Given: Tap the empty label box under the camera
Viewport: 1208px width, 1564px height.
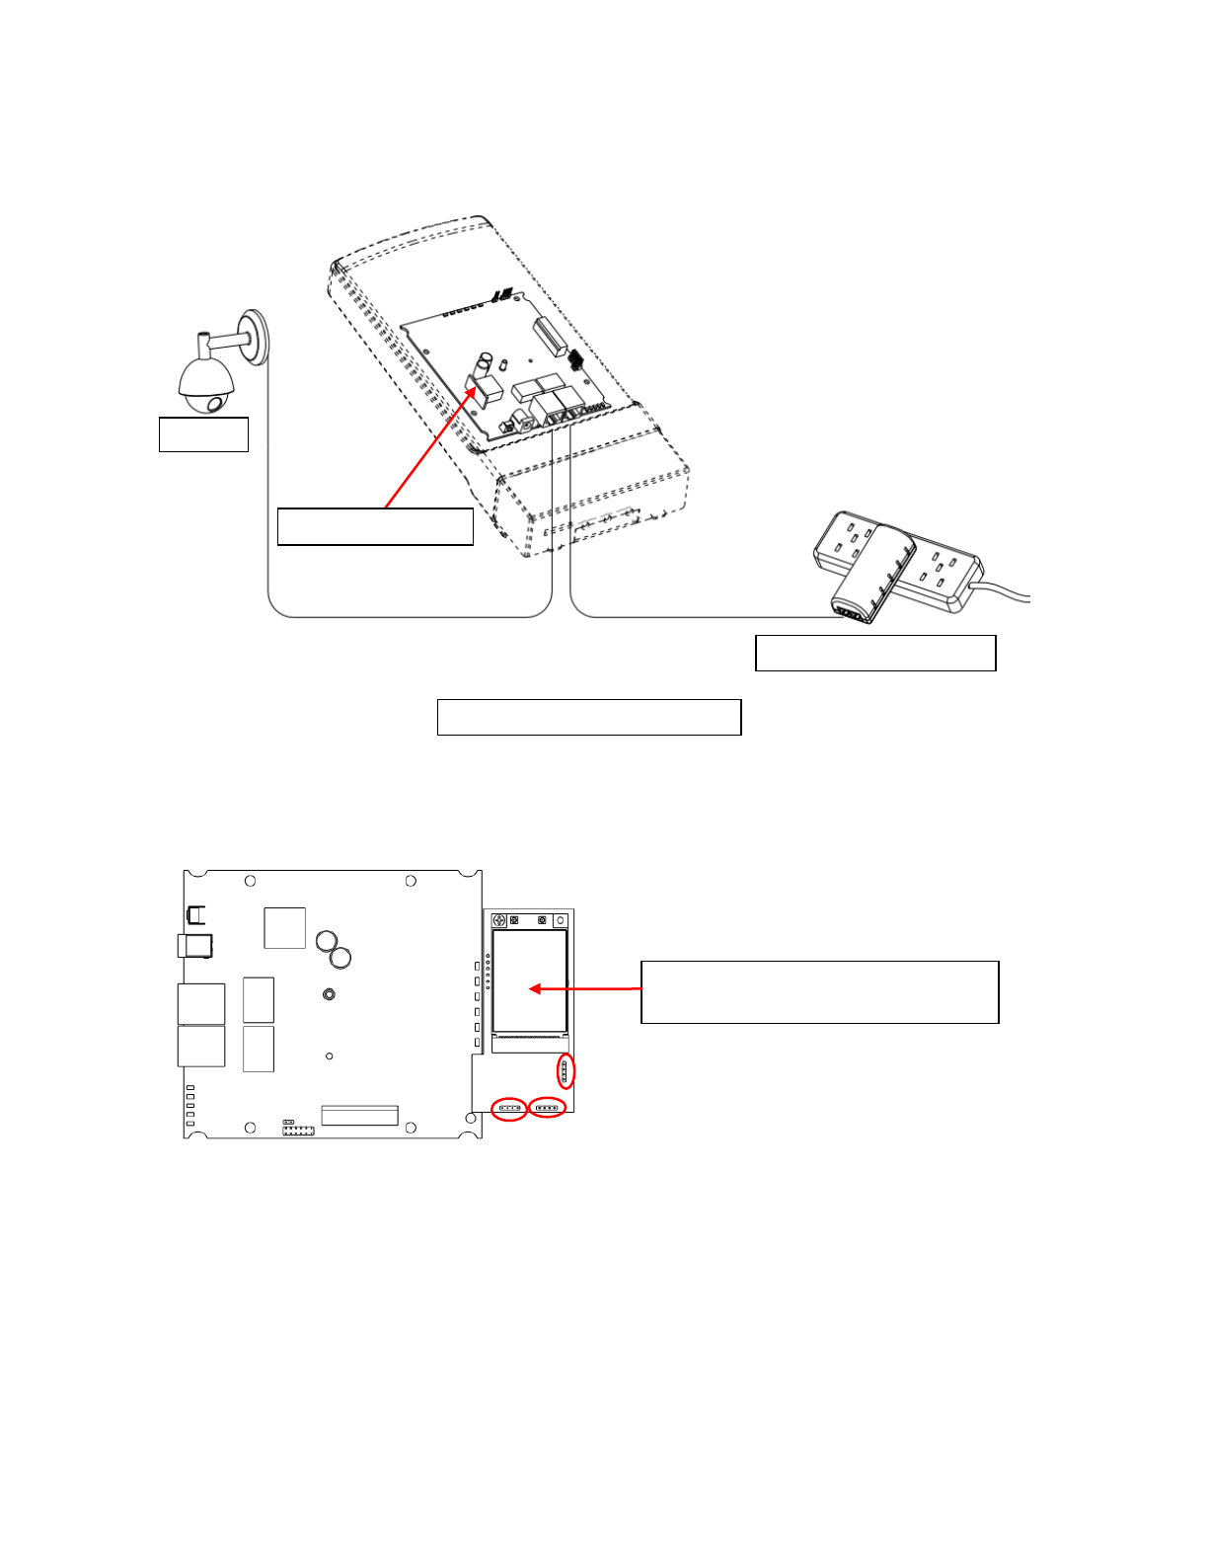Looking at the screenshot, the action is point(203,434).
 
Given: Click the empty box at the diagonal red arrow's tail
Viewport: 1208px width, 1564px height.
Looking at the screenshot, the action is point(375,527).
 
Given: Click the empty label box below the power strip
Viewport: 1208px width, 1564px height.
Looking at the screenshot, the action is point(875,654).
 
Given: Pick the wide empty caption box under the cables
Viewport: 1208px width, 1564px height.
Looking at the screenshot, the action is point(589,718).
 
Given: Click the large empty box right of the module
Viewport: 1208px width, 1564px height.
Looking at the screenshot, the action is point(819,992).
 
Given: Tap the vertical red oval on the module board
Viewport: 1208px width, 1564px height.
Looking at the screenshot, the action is point(565,1071).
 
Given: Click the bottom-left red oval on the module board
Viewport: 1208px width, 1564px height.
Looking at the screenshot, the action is point(509,1109).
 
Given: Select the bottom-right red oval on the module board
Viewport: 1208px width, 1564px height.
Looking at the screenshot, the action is point(548,1108).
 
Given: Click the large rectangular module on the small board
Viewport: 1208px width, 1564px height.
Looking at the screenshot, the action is point(530,981).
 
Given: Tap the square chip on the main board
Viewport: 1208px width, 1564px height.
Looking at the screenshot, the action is point(285,928).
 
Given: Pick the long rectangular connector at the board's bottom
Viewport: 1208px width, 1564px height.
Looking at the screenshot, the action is point(359,1116).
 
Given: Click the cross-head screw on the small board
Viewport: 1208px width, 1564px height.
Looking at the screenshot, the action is point(499,921).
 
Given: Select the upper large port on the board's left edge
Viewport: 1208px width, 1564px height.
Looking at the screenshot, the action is point(201,1003).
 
